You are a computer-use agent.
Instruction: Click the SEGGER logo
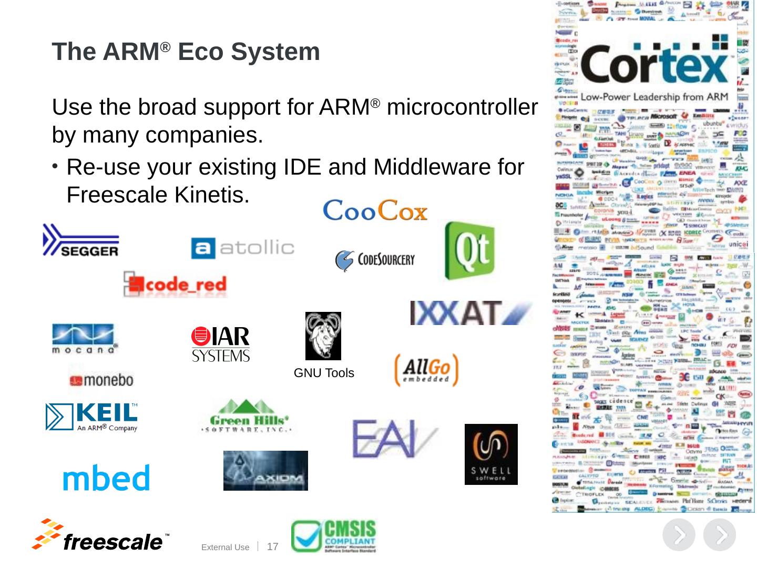(x=81, y=240)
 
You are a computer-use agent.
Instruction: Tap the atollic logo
(x=242, y=248)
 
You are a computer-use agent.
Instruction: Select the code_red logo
(x=175, y=285)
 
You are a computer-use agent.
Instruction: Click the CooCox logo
(x=375, y=210)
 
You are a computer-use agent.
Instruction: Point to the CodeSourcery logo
(x=375, y=260)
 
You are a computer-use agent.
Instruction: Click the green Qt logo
(x=469, y=250)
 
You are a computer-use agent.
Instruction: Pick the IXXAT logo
(x=471, y=312)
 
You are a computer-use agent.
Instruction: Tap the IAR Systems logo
(x=221, y=344)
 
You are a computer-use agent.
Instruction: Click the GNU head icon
(x=323, y=336)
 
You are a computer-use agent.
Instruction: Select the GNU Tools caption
(x=324, y=373)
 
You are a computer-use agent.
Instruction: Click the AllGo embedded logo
(x=426, y=370)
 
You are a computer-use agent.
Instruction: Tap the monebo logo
(x=101, y=380)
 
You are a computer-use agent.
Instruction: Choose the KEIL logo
(x=92, y=417)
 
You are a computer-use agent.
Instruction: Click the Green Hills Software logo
(x=247, y=417)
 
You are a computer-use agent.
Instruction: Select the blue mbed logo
(x=106, y=478)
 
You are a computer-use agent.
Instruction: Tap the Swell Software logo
(x=491, y=454)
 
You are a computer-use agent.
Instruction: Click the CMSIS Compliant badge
(x=334, y=536)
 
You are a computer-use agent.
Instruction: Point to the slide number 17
(x=272, y=546)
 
